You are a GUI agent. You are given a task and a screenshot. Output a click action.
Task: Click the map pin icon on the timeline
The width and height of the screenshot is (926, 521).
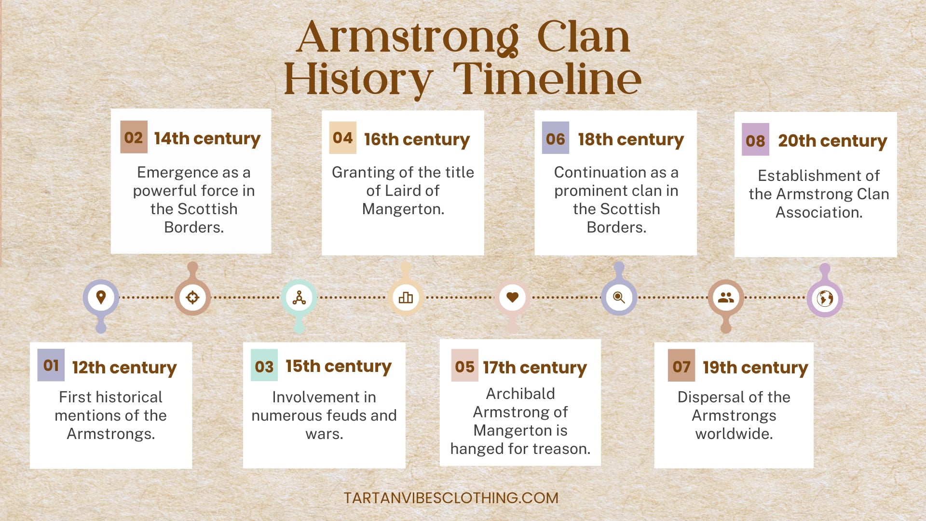coord(101,297)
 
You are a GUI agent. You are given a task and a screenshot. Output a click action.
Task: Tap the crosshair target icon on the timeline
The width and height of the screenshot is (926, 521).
coord(192,297)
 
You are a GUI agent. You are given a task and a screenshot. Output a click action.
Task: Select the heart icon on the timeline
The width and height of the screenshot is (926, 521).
coord(512,297)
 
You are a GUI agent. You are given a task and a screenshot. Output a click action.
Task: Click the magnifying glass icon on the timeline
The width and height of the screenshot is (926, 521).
coord(619,297)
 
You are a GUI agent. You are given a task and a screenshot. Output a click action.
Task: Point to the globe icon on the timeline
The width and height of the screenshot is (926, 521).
coord(825,299)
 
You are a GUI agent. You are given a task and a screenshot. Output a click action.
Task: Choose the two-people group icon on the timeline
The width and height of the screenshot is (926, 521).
coord(725,297)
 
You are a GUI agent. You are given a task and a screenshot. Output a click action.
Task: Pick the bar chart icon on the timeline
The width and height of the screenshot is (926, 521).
coord(406,297)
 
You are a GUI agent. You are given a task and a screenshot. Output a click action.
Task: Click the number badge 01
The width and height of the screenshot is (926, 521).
coord(51,365)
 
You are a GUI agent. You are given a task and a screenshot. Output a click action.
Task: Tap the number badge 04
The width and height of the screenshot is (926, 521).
coord(342,138)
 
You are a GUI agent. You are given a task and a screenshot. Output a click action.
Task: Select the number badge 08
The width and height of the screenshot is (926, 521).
coord(755,140)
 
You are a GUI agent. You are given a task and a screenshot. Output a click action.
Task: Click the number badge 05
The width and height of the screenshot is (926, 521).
coord(464,366)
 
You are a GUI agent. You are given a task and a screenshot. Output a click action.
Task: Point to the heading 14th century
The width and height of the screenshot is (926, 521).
coord(207,138)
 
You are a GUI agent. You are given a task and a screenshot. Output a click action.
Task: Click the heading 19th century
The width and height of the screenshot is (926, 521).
coord(755,368)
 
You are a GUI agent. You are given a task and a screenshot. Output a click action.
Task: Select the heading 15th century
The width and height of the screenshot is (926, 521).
coord(338,366)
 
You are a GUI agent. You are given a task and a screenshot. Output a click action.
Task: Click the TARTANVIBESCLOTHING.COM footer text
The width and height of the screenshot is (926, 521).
coord(451,498)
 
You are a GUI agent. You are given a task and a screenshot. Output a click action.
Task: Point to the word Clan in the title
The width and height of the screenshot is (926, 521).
coord(583,37)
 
